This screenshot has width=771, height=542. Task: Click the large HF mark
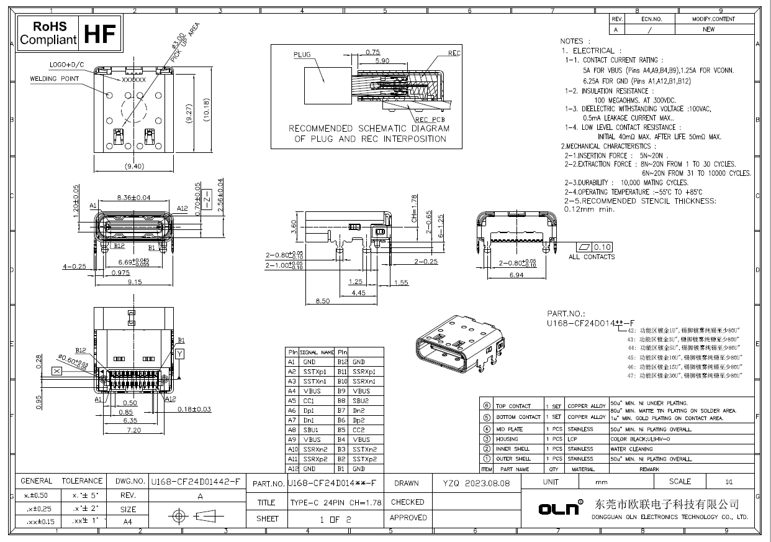(101, 34)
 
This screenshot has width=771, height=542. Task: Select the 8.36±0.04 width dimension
(134, 198)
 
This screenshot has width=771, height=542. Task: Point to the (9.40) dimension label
(135, 166)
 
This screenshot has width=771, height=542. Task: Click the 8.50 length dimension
(323, 301)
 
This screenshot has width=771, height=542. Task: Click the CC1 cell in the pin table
(310, 401)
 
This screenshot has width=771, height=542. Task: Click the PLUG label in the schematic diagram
(302, 55)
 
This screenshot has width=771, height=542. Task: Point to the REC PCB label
(429, 119)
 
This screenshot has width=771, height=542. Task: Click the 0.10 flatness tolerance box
(602, 247)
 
